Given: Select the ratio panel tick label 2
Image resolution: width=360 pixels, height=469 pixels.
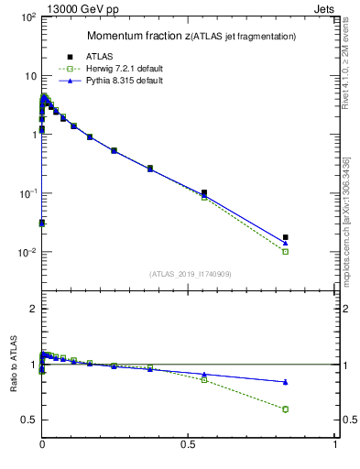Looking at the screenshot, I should pyautogui.click(x=30, y=310).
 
